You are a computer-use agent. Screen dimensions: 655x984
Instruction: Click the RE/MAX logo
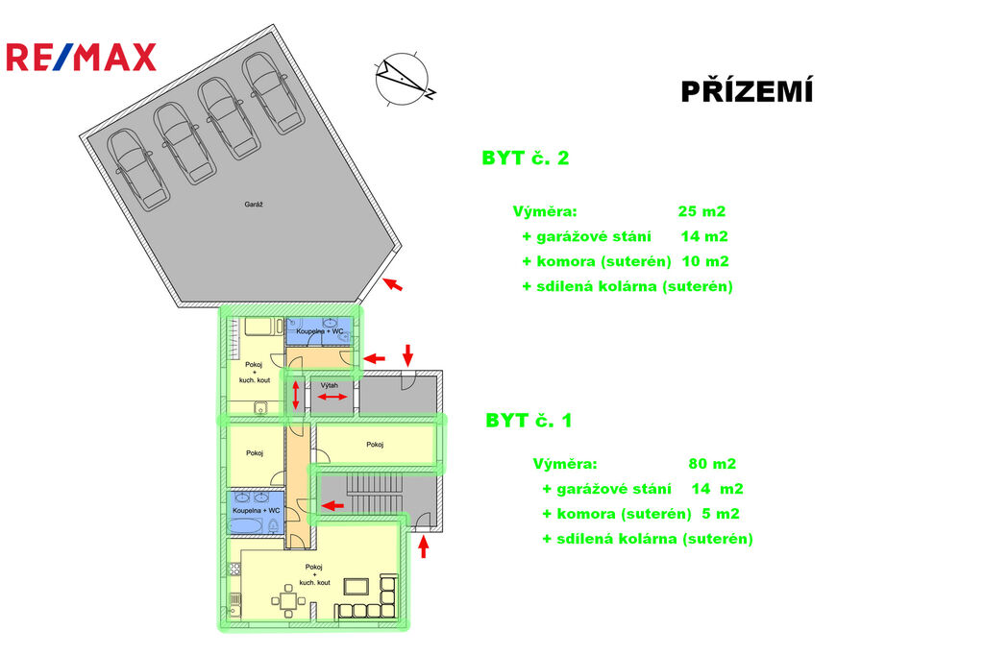(x=80, y=58)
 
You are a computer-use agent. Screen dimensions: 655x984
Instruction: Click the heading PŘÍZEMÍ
(x=747, y=92)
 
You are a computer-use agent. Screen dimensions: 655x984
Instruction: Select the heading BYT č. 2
(x=525, y=158)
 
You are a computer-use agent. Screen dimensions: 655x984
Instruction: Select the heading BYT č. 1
(x=529, y=421)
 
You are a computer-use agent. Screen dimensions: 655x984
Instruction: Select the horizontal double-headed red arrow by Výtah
(x=333, y=398)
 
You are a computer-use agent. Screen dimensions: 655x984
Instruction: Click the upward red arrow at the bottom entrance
(x=424, y=546)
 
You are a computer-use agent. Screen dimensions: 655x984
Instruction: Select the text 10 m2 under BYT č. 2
(x=705, y=261)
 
